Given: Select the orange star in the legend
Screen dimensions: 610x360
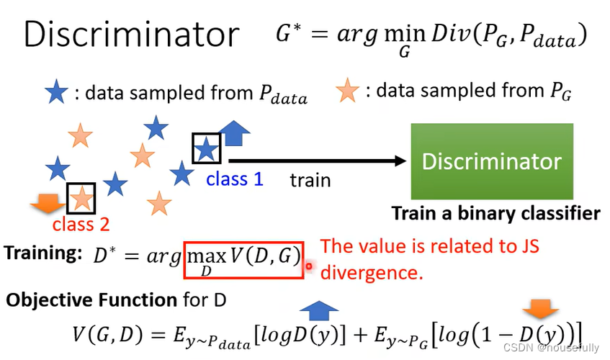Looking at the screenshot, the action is (x=348, y=91).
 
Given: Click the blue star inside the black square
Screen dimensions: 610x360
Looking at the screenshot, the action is (x=206, y=148).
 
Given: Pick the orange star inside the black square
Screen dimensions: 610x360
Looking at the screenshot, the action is (x=81, y=197).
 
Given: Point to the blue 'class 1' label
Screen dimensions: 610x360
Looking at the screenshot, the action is (x=235, y=179).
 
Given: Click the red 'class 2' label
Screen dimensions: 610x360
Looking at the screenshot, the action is (x=81, y=224).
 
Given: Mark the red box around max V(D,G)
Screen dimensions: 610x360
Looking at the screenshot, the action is (x=243, y=256).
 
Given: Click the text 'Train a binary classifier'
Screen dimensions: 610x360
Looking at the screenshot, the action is (x=495, y=213).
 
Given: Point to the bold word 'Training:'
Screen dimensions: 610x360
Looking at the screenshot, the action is (x=44, y=253).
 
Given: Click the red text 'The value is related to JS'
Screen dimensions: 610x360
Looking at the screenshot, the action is (x=430, y=246).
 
